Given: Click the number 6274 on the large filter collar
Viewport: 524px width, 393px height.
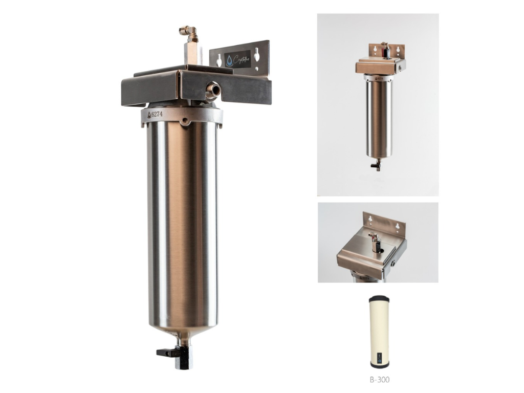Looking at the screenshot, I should tap(157, 115).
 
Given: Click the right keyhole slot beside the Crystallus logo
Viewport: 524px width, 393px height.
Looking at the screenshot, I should tap(257, 54).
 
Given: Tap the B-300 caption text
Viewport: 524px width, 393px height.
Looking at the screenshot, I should tap(380, 380).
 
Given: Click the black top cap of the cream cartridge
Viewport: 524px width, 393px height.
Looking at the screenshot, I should tap(380, 298).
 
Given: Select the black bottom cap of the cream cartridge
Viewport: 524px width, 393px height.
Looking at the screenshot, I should tap(380, 365).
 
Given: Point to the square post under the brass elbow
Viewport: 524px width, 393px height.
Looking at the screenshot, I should tap(191, 53).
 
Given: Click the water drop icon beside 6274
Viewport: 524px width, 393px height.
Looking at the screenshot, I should tap(149, 115).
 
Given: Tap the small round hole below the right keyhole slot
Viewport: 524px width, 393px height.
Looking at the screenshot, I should tap(257, 66).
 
